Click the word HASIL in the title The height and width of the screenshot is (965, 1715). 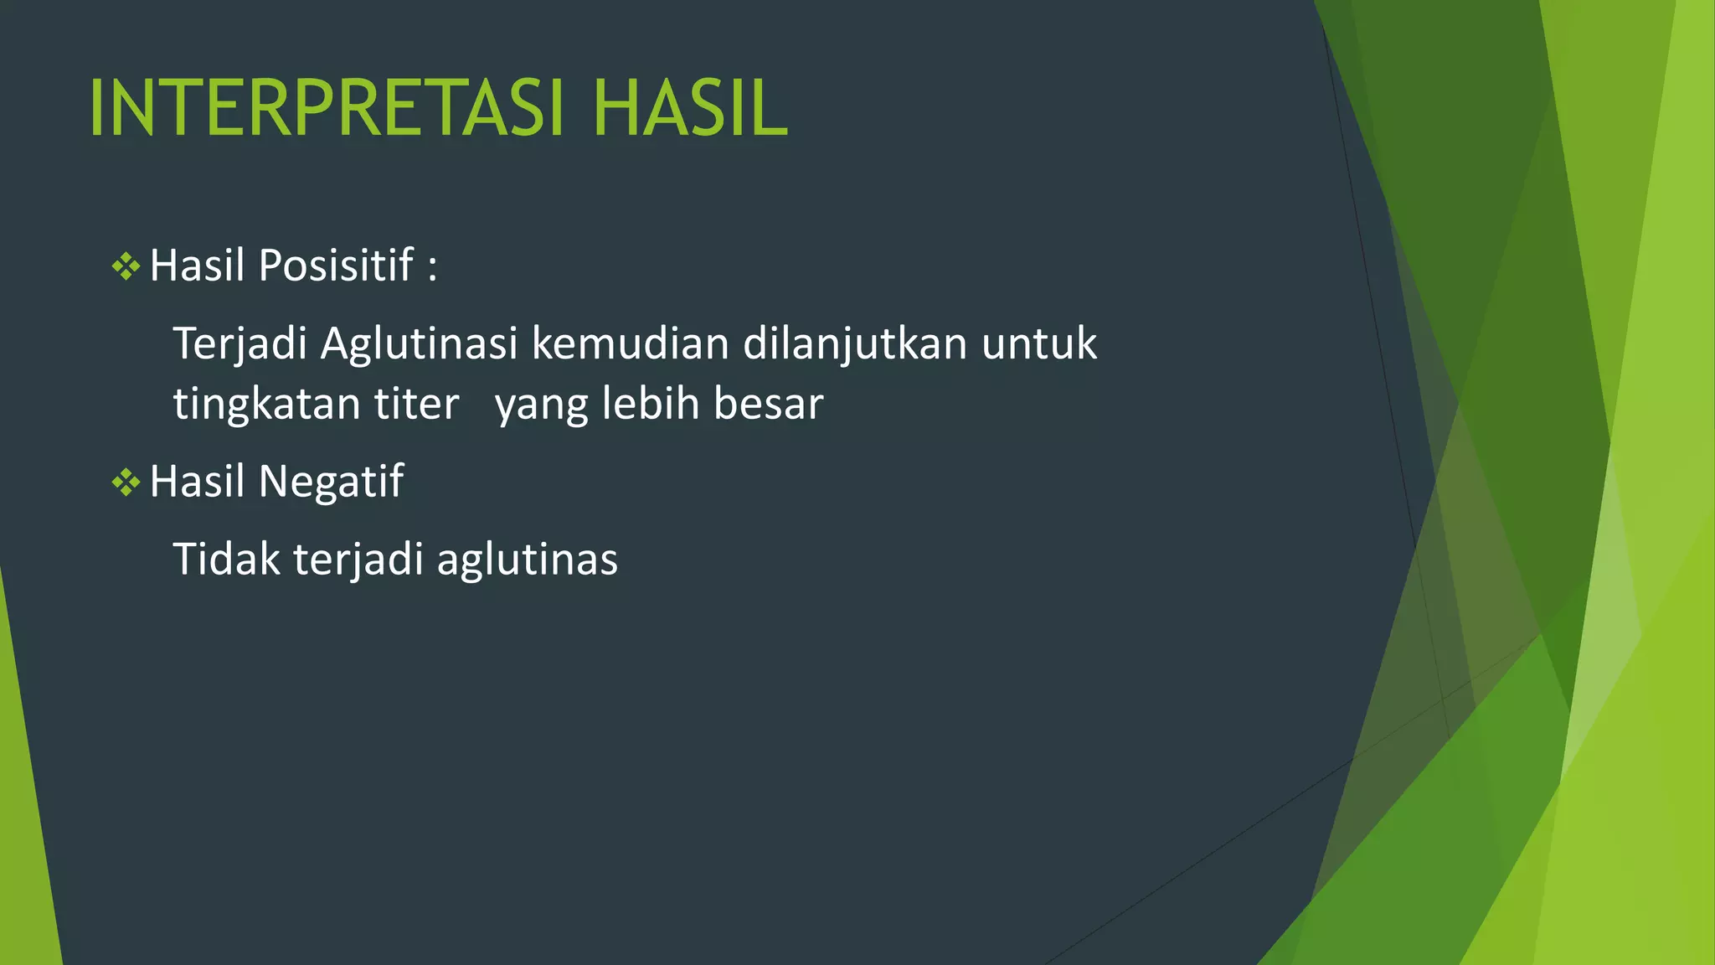689,108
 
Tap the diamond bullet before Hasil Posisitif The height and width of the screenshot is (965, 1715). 126,267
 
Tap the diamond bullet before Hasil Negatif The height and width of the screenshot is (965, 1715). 126,482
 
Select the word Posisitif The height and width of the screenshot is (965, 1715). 336,266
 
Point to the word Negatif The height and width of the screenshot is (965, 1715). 331,482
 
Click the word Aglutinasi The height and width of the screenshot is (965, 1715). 419,343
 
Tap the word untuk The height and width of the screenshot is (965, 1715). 1038,343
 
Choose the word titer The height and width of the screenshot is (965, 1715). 416,404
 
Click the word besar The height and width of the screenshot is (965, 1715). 768,404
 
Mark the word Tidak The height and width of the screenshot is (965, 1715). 226,559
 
